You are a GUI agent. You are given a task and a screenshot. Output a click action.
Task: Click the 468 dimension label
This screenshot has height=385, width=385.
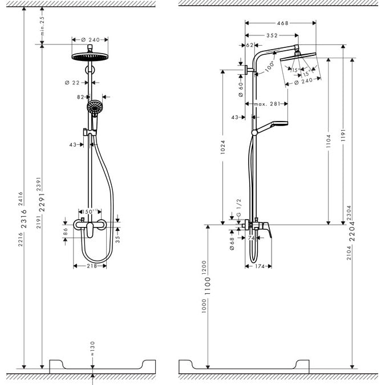tap(282, 23)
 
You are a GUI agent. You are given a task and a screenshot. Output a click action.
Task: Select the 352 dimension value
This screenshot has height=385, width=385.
tap(271, 35)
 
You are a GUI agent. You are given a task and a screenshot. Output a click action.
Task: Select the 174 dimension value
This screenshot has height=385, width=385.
tap(262, 266)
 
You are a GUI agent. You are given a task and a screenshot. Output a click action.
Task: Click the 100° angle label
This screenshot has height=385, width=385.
tap(270, 66)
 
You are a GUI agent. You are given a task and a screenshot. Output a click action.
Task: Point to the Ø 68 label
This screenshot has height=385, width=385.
tap(233, 237)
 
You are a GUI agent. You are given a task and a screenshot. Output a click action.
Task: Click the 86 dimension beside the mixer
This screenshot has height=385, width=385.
tap(65, 232)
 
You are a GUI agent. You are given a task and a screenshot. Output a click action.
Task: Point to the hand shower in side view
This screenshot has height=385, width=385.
tap(275, 124)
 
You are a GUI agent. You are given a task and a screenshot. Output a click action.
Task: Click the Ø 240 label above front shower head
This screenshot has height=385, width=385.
tap(91, 39)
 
